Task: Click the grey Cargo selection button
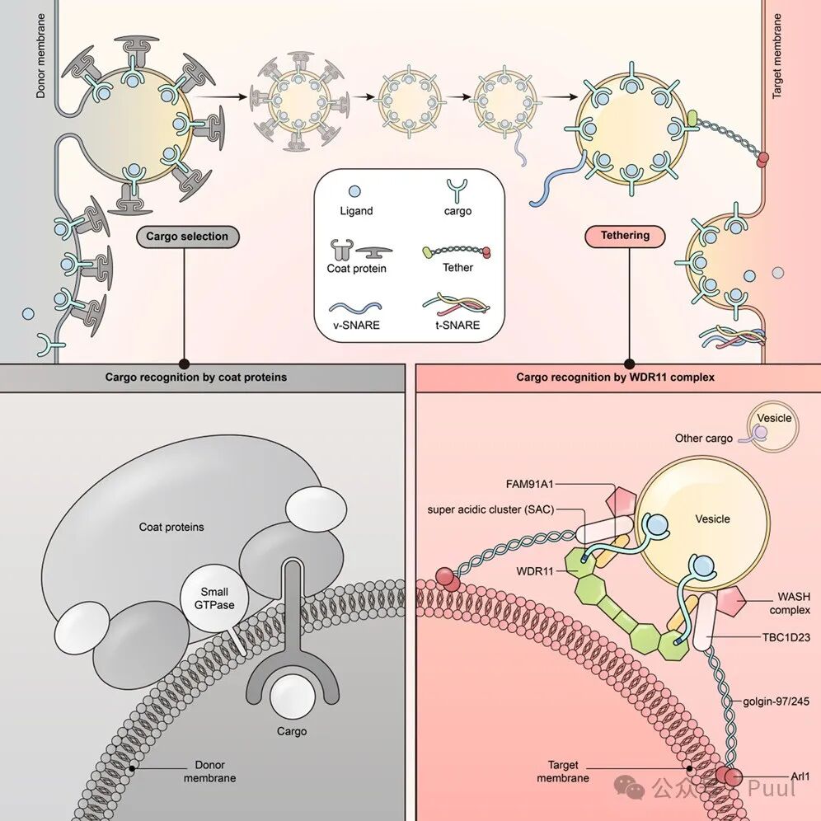(187, 237)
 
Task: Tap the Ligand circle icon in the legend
(356, 190)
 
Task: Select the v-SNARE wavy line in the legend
(356, 304)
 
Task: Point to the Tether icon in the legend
(457, 249)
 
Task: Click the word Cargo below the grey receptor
(292, 731)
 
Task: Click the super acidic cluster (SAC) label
(490, 509)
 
